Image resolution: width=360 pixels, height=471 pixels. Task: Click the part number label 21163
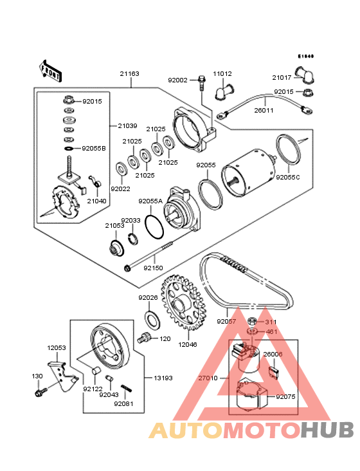(x=129, y=74)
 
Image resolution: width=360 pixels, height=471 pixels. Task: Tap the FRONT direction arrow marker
(x=51, y=70)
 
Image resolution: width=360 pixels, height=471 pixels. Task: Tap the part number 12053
(x=57, y=347)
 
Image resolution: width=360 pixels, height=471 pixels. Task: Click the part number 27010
(x=209, y=378)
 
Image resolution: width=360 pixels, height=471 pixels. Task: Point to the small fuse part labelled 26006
(x=273, y=372)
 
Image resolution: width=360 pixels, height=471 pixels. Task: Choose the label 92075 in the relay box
(x=285, y=398)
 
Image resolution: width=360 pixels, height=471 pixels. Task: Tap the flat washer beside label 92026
(x=153, y=318)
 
